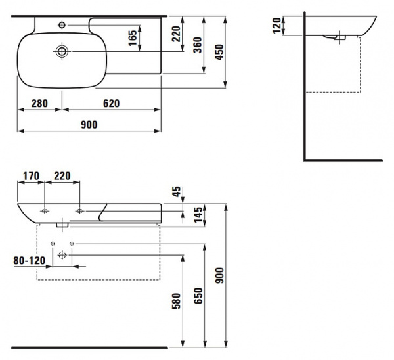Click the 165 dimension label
click(133, 38)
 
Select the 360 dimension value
click(198, 45)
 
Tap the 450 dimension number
click(219, 52)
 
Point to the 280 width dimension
click(39, 103)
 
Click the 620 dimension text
click(112, 103)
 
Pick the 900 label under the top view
click(89, 125)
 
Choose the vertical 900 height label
click(219, 275)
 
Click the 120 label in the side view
click(276, 26)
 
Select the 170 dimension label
click(31, 176)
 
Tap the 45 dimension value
click(177, 192)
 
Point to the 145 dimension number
click(198, 214)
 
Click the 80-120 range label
click(30, 260)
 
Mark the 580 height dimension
click(177, 301)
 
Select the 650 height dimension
click(198, 296)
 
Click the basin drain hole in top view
click(62, 51)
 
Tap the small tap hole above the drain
click(62, 25)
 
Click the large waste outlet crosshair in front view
click(62, 255)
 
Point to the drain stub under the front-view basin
click(62, 225)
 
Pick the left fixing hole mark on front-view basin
click(45, 211)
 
